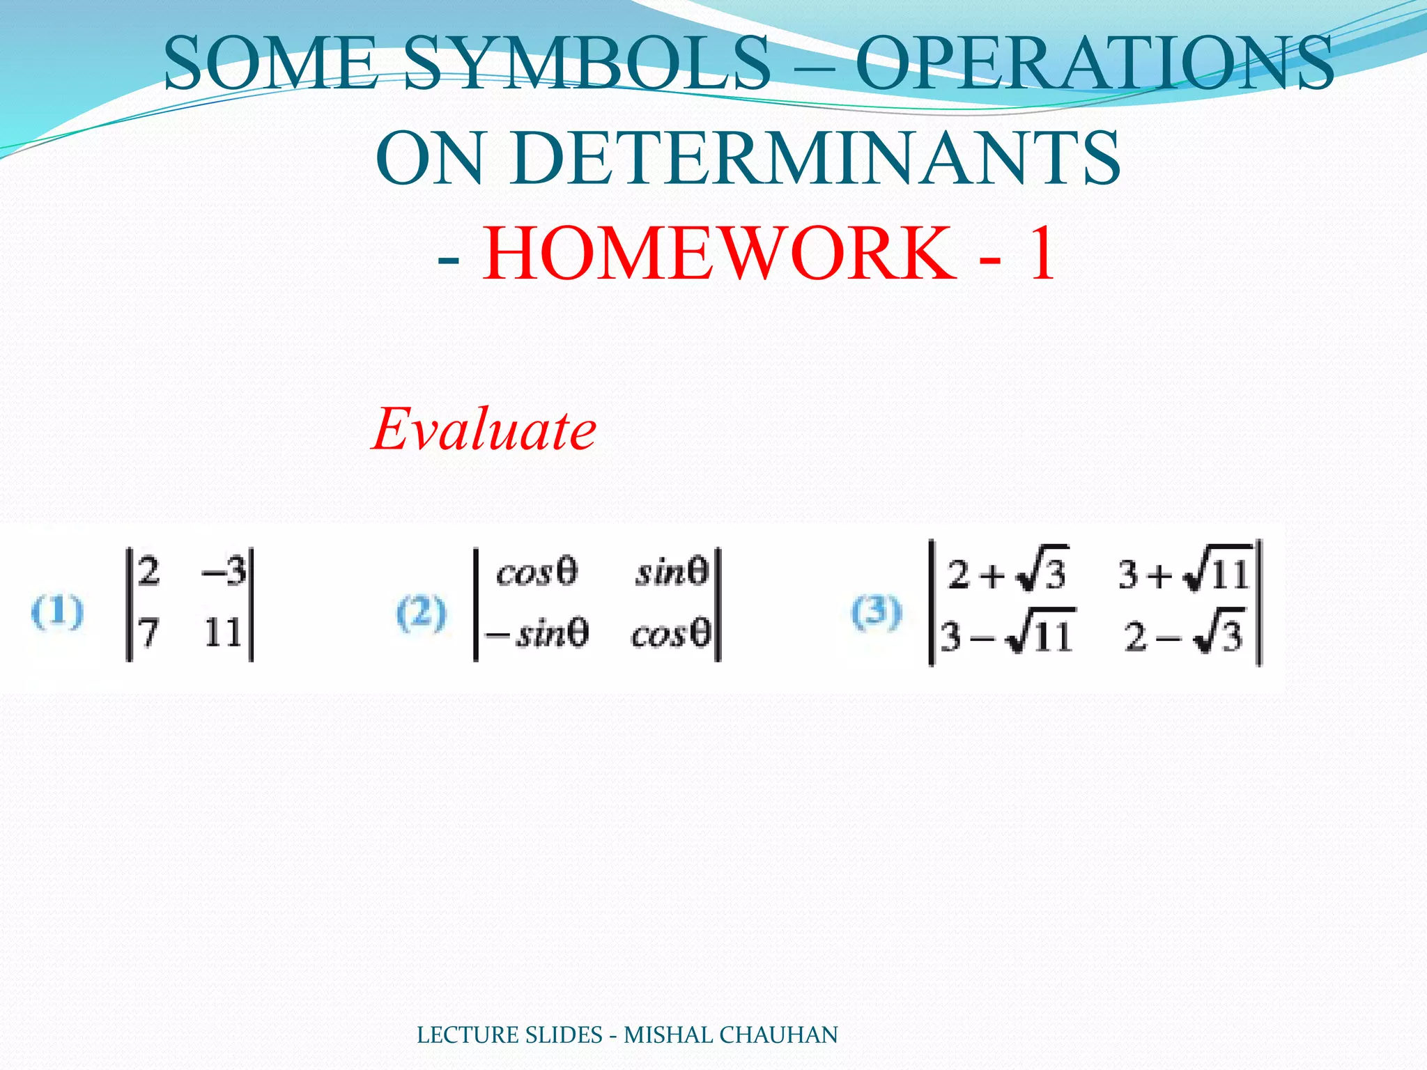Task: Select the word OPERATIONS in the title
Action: (x=1094, y=64)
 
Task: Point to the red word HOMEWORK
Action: (x=718, y=254)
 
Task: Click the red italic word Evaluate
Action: (x=484, y=429)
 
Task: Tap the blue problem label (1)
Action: (x=57, y=613)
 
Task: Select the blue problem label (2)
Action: (x=421, y=613)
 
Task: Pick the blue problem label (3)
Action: (x=876, y=613)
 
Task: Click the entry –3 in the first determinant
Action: (x=224, y=573)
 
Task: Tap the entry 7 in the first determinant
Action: (x=148, y=633)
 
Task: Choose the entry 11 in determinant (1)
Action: (x=223, y=633)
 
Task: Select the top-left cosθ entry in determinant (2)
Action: (x=537, y=573)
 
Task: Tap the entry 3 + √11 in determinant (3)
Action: (x=1184, y=575)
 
